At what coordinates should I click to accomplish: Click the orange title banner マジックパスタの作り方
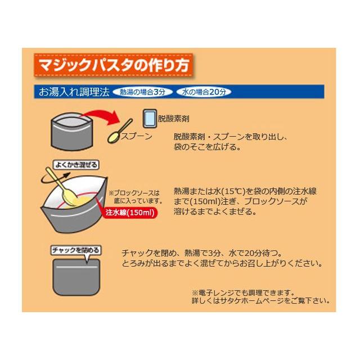(x=113, y=65)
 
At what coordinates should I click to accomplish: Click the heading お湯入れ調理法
(x=74, y=92)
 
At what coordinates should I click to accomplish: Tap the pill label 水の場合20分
(x=204, y=92)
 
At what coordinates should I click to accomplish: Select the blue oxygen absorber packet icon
(x=150, y=119)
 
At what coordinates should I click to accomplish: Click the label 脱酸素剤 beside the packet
(x=173, y=120)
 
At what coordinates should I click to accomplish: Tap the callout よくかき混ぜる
(x=75, y=165)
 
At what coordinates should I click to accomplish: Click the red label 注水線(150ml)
(x=130, y=213)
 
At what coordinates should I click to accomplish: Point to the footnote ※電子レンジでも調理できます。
(x=243, y=292)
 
